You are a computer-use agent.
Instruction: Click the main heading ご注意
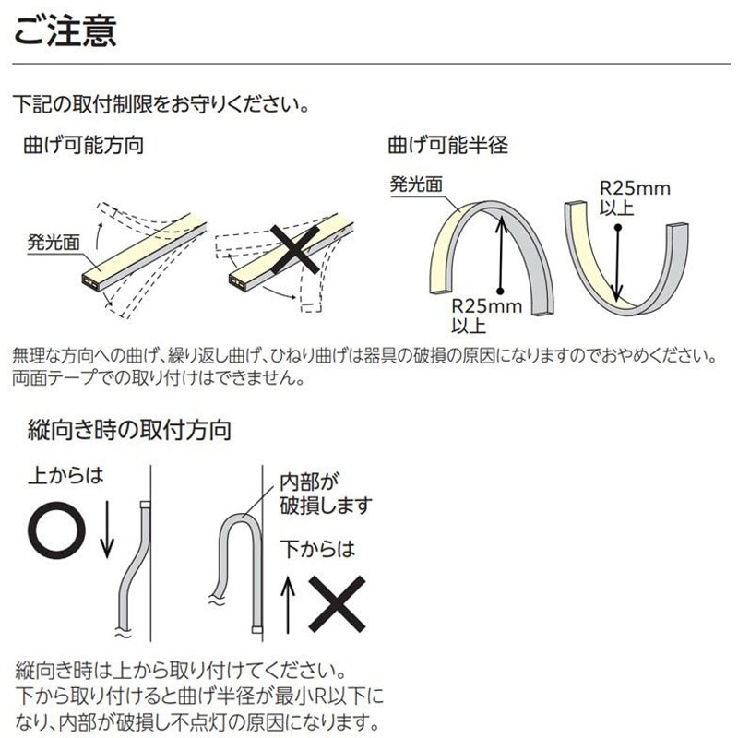click(x=63, y=30)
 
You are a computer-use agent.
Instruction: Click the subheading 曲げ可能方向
click(x=82, y=145)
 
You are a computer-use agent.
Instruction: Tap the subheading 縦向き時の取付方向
click(x=129, y=429)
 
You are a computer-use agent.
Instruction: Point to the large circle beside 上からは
click(x=57, y=530)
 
